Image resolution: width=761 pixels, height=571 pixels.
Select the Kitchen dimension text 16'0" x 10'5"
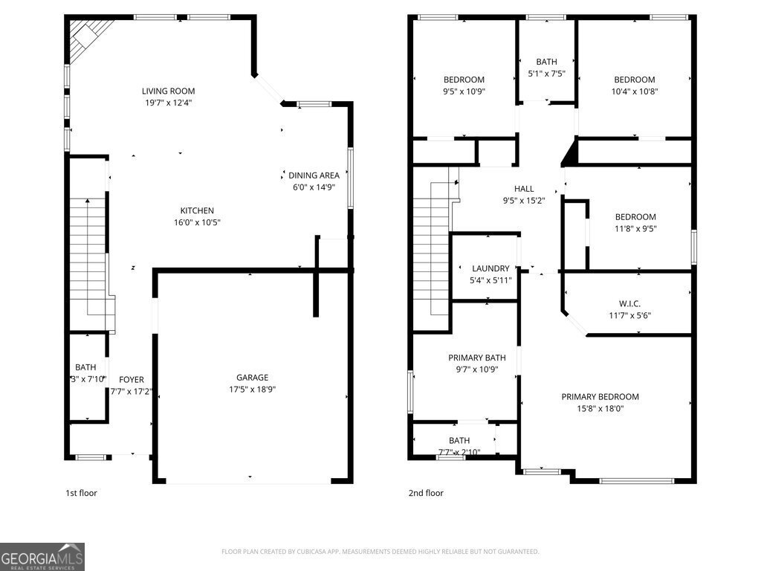(x=197, y=222)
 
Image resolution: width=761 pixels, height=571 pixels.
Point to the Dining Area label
(x=314, y=175)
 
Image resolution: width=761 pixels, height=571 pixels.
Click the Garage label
(x=252, y=378)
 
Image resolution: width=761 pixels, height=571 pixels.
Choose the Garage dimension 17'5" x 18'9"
(x=252, y=390)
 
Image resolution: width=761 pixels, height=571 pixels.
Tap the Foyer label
(x=132, y=380)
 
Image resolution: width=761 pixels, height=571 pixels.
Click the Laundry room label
(x=490, y=268)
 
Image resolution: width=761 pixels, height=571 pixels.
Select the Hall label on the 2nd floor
(x=524, y=189)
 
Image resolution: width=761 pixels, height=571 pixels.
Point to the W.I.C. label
(x=629, y=303)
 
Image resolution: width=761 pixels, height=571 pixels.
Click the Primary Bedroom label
(x=600, y=397)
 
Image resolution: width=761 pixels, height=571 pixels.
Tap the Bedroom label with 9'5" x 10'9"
(x=464, y=80)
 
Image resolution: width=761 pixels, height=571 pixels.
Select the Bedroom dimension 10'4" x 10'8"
(x=634, y=92)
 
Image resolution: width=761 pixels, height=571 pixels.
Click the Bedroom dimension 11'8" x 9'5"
(x=635, y=229)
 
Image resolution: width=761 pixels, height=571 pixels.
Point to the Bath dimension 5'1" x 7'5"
(x=546, y=74)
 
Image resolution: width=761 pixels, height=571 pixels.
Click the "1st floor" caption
(x=82, y=493)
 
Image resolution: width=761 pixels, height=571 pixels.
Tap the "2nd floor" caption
(x=426, y=493)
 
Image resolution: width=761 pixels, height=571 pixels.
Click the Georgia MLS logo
(x=42, y=557)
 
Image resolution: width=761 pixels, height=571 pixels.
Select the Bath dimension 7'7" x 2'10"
(x=459, y=452)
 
